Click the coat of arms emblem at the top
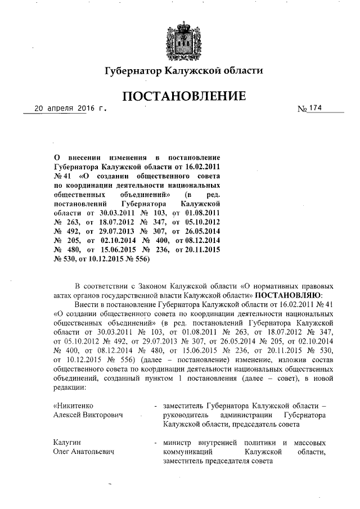click(x=181, y=38)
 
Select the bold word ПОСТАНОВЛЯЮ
click(x=289, y=294)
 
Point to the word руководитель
click(x=187, y=415)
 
